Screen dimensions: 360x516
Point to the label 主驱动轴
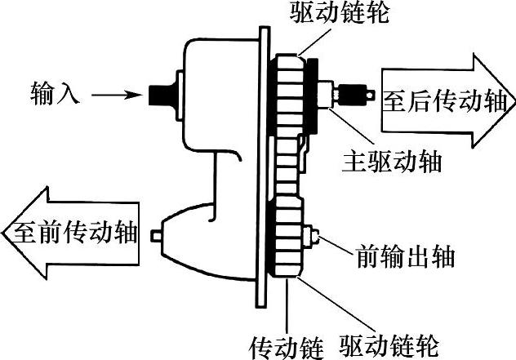[389, 161]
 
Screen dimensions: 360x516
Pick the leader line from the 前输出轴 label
[336, 247]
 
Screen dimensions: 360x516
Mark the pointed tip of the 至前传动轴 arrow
[7, 234]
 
